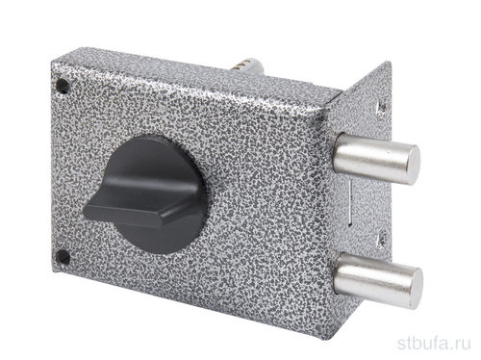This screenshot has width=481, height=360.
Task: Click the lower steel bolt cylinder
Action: [x=378, y=280]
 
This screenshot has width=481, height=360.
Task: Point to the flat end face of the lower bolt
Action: [x=417, y=289]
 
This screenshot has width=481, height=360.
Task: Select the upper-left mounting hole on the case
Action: [x=63, y=86]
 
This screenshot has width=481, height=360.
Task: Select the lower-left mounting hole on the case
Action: [x=63, y=257]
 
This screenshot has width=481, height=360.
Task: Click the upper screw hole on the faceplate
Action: [x=381, y=108]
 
